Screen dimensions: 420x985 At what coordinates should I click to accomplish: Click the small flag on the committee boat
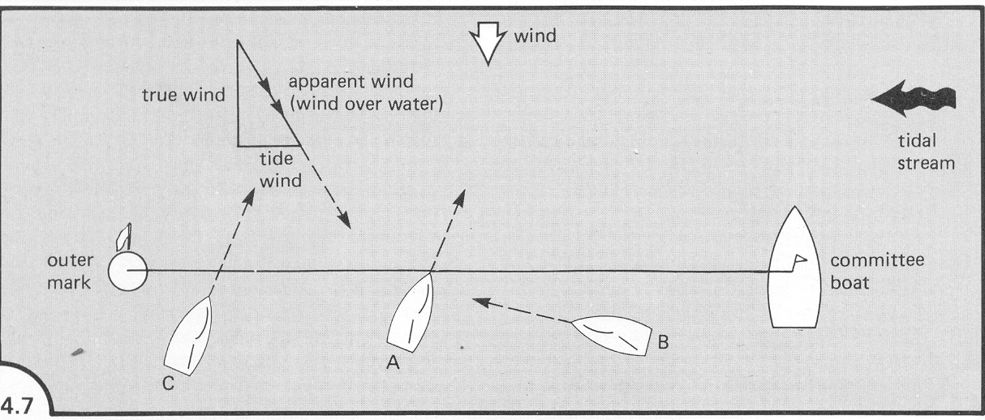798,261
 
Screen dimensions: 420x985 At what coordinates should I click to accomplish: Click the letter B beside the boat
663,342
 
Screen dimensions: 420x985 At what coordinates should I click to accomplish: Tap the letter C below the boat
167,384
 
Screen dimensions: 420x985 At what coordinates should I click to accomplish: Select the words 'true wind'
184,96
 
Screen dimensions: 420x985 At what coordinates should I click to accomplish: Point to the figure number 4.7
18,403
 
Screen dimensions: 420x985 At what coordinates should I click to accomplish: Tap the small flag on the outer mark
123,237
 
